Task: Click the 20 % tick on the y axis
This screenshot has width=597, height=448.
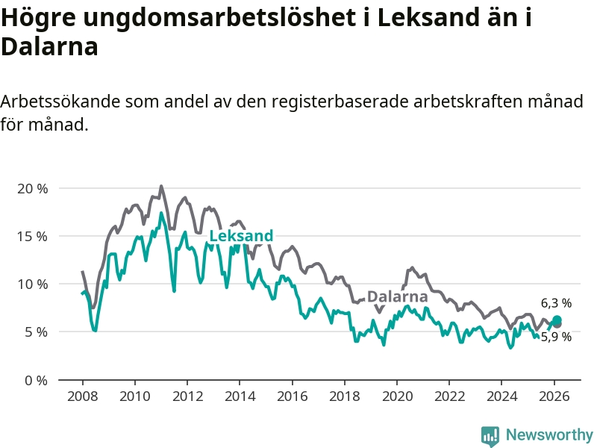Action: [x=32, y=188]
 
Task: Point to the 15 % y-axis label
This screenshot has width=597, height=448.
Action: [x=32, y=236]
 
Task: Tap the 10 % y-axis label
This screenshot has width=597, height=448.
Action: [x=32, y=284]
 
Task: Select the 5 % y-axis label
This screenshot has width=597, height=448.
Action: [x=35, y=332]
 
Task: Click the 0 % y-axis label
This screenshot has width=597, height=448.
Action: [x=35, y=379]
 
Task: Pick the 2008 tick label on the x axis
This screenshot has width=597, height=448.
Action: [x=81, y=396]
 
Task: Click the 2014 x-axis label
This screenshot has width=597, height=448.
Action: [x=239, y=396]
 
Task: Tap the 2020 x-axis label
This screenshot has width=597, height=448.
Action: [x=397, y=396]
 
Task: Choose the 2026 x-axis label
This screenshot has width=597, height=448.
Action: [x=554, y=396]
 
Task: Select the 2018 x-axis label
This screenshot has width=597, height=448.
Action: [x=344, y=396]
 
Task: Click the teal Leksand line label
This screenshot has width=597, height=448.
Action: [x=241, y=236]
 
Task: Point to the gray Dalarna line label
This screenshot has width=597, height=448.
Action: [x=397, y=296]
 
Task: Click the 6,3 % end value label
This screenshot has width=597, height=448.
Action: [x=556, y=303]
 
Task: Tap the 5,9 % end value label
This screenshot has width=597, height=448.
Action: [x=556, y=337]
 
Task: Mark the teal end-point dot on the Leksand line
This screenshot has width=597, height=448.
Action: [x=557, y=320]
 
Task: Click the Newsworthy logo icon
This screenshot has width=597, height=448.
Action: [x=490, y=435]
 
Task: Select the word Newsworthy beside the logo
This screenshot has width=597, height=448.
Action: [x=549, y=435]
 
